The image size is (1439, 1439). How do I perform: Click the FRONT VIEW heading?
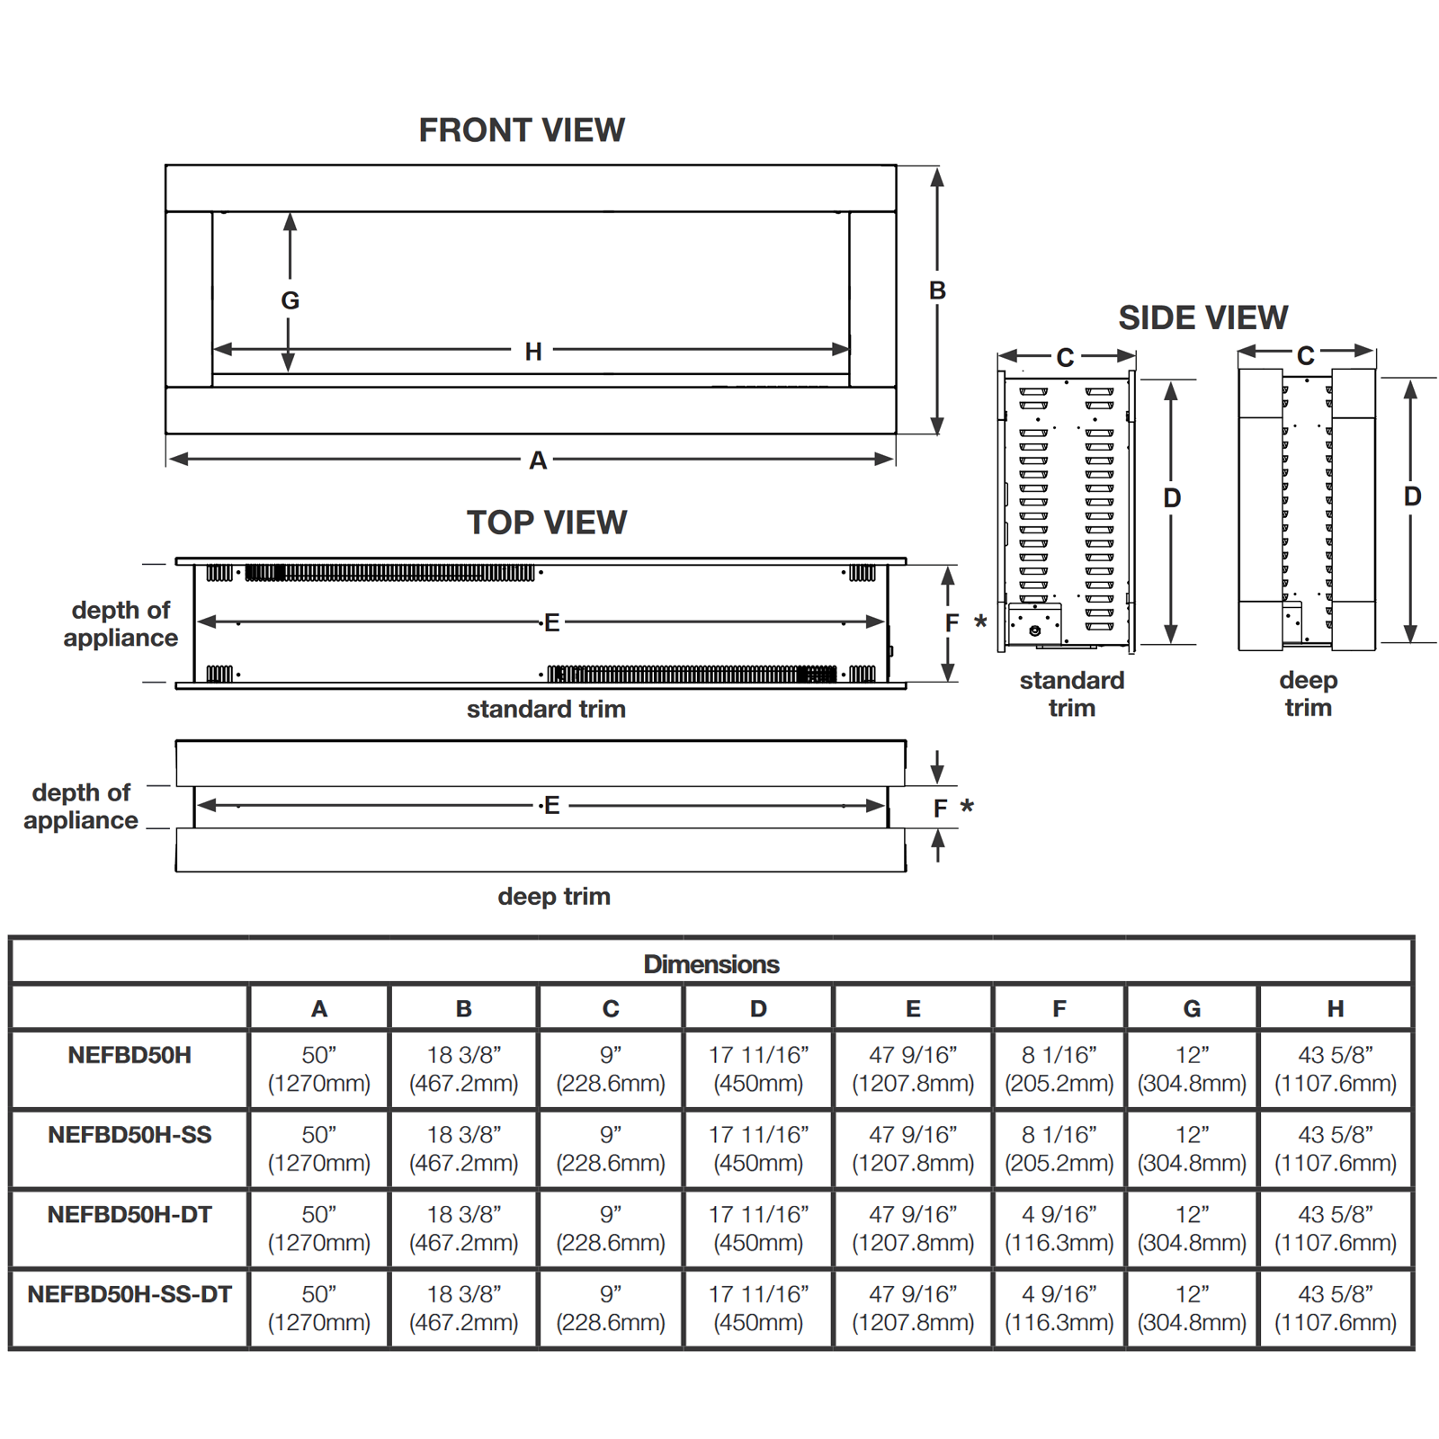522,130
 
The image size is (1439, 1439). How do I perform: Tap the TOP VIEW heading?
547,523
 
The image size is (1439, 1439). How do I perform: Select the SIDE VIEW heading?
1203,317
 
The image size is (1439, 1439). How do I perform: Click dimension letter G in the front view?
290,300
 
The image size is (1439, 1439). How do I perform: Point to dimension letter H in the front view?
533,352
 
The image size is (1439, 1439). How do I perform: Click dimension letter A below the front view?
538,460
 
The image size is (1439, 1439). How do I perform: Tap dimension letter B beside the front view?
937,290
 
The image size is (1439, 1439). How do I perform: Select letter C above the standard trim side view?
1065,358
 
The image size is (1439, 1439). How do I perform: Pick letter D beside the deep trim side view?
1412,496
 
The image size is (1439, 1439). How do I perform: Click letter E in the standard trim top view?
551,622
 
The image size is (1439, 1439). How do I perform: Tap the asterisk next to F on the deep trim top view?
967,807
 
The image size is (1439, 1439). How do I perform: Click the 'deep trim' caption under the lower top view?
554,897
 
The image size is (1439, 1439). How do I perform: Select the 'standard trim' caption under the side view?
1072,693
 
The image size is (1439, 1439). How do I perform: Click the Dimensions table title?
711,964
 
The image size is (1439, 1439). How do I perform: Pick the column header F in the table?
1059,1009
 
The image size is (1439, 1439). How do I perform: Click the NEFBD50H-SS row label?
130,1135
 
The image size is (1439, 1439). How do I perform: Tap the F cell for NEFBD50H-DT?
1059,1229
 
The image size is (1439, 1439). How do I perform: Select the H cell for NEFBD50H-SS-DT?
1336,1309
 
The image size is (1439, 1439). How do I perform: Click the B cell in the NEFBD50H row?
464,1068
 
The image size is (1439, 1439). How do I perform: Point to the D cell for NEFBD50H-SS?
758,1149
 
